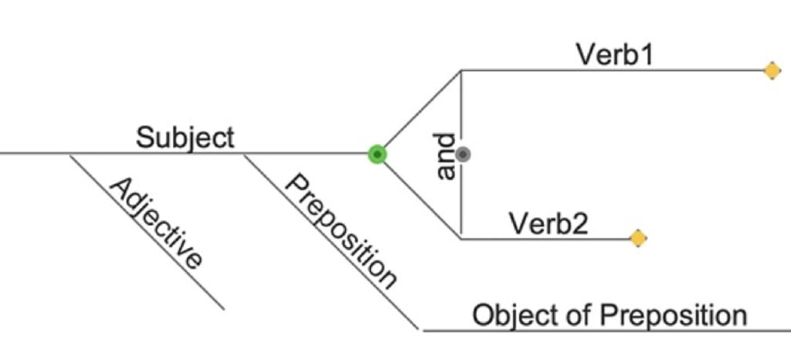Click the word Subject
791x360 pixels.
click(x=185, y=138)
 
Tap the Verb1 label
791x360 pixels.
click(x=615, y=55)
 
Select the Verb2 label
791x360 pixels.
click(x=548, y=223)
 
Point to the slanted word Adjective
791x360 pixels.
click(x=156, y=223)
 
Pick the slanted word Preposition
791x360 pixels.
click(x=341, y=231)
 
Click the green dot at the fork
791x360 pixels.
click(x=376, y=155)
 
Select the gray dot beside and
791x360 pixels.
click(x=463, y=155)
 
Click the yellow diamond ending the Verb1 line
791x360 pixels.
click(x=772, y=71)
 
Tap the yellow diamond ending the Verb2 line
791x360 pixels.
click(x=637, y=239)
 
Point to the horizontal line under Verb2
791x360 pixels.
click(x=541, y=239)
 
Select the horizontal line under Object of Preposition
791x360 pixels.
click(x=603, y=331)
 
